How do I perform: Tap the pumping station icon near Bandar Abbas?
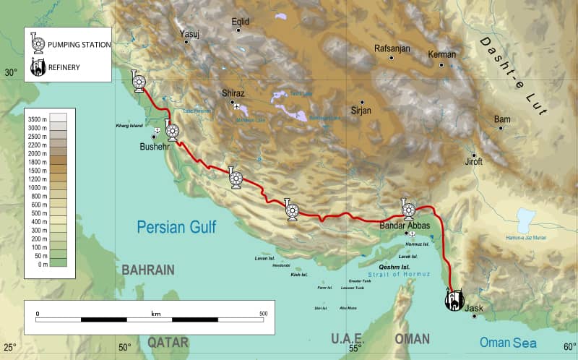click(x=408, y=210)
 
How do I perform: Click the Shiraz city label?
click(x=233, y=94)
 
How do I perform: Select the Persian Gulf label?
click(x=176, y=227)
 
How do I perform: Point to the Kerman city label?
click(x=442, y=55)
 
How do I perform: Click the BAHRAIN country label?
click(x=148, y=270)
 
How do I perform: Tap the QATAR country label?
click(x=168, y=341)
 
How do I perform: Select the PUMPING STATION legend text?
click(x=79, y=45)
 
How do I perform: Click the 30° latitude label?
click(x=11, y=73)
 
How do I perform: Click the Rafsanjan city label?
click(x=392, y=49)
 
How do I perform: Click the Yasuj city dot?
click(x=186, y=42)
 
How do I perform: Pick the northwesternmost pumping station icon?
click(x=137, y=82)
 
